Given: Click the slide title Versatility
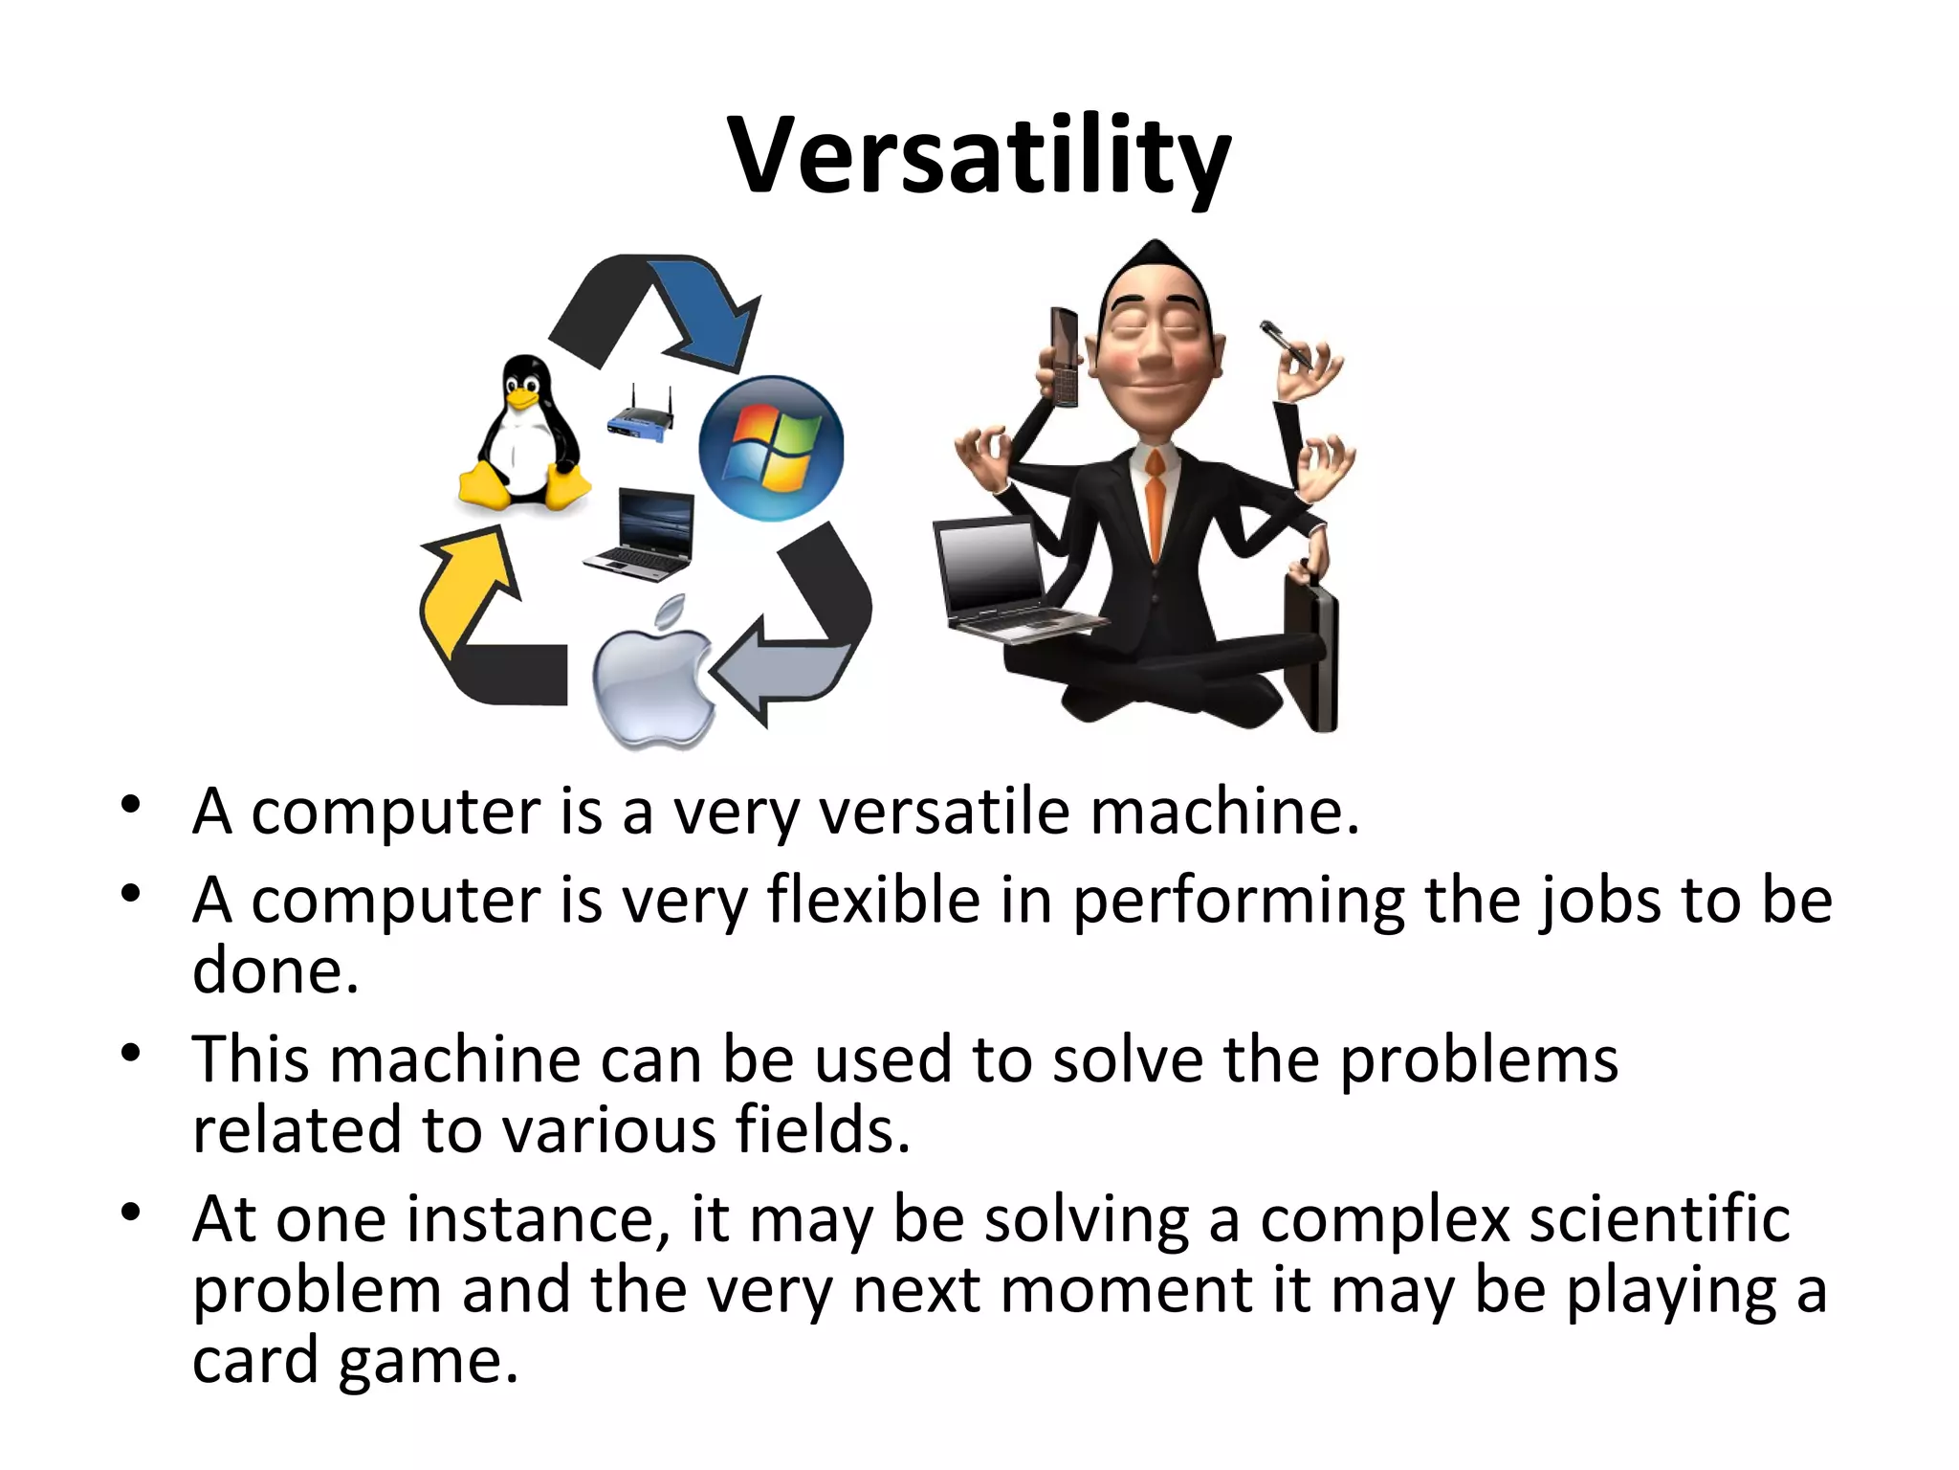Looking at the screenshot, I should pos(979,156).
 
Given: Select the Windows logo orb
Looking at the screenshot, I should pos(771,448).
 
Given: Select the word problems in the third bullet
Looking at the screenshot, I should pos(1478,1060).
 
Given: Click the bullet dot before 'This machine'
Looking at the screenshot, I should pos(131,1054).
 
